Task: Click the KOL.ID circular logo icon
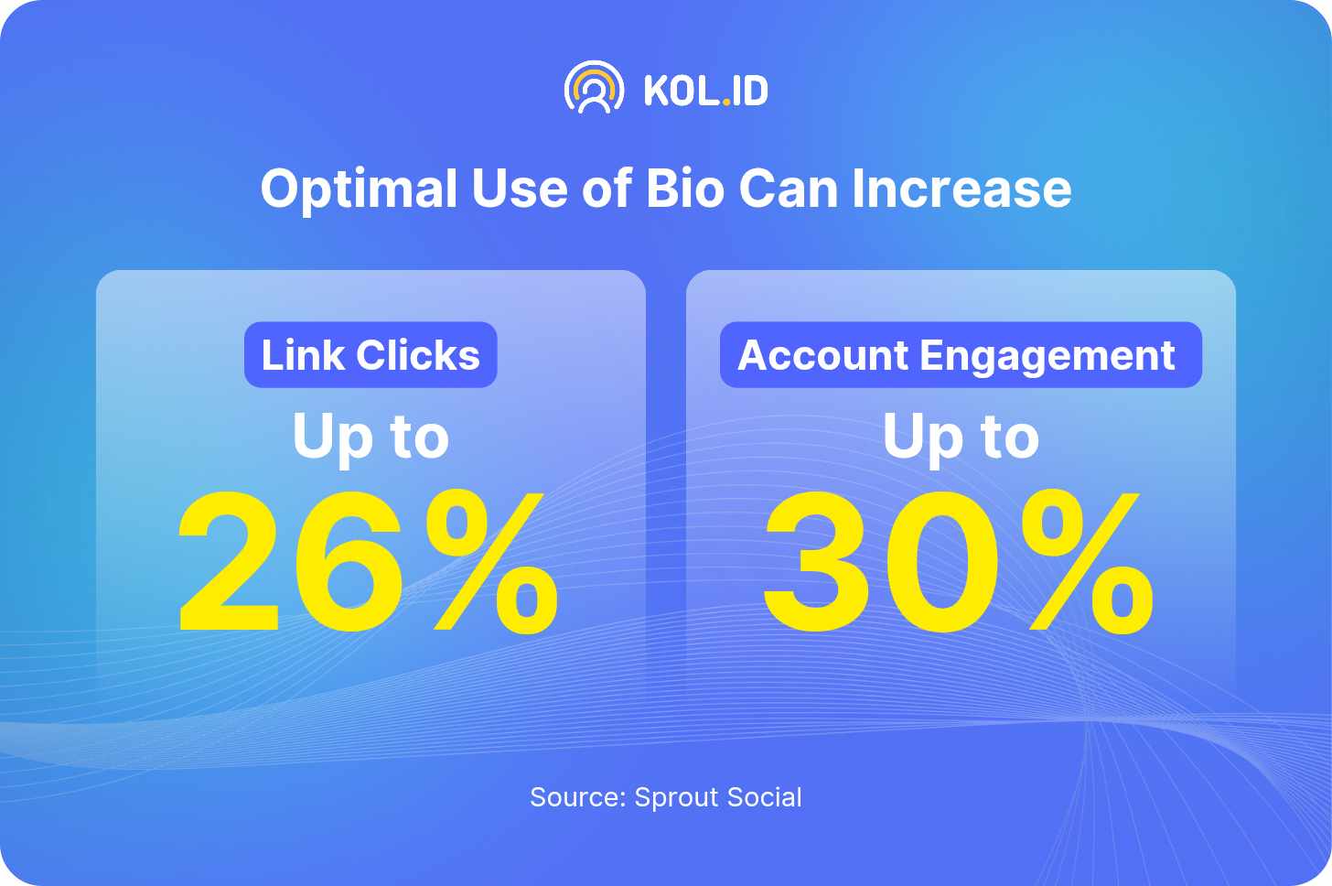point(594,88)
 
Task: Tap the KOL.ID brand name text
point(706,91)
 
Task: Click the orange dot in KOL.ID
point(726,103)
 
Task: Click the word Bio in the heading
point(685,189)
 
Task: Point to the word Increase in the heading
point(961,189)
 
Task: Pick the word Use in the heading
point(519,189)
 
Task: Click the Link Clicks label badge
point(371,354)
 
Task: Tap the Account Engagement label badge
point(961,354)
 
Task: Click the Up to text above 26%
point(371,438)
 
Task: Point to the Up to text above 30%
point(961,438)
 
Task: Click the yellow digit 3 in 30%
point(816,562)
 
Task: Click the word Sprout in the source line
point(676,798)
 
